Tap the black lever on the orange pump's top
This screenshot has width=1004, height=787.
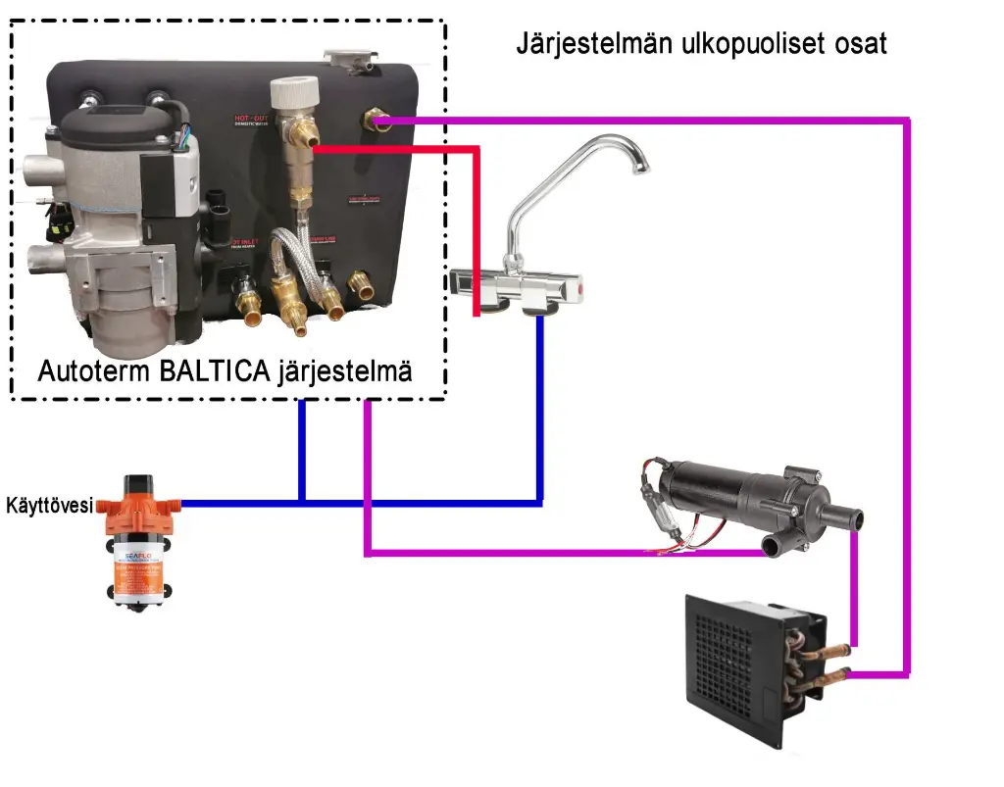[x=137, y=483]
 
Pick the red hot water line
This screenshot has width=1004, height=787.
[x=477, y=225]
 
